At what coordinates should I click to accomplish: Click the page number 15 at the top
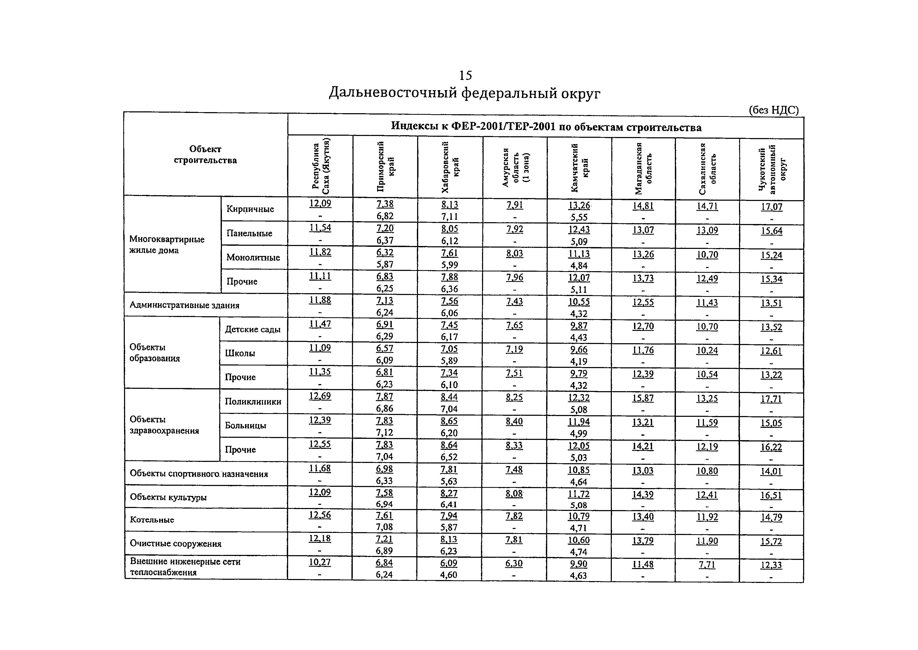(465, 75)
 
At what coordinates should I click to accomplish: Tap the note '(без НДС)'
(773, 110)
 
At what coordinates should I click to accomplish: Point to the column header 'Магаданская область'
(643, 168)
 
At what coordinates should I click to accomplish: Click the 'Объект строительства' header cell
(205, 155)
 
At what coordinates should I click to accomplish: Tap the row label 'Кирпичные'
(250, 209)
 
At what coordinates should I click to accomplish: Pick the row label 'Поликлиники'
(253, 401)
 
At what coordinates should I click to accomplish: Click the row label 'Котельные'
(152, 520)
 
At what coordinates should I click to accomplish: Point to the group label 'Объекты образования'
(155, 353)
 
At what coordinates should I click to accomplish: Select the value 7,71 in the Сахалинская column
(707, 565)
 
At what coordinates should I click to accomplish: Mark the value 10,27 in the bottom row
(320, 562)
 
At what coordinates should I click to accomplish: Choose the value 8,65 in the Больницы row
(449, 421)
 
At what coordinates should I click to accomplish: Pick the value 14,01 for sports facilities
(771, 472)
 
